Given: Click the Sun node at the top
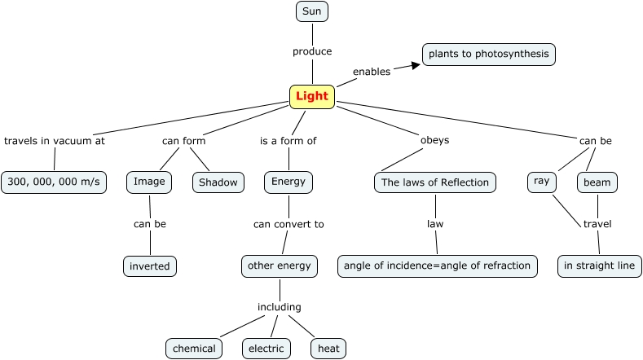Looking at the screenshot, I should pyautogui.click(x=311, y=11).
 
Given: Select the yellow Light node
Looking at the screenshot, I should pyautogui.click(x=312, y=97).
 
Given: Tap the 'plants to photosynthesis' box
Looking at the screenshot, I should pyautogui.click(x=489, y=55).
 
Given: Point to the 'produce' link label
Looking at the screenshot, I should pyautogui.click(x=312, y=51).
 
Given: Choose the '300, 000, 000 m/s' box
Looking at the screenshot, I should pyautogui.click(x=54, y=182).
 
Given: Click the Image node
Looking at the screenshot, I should pyautogui.click(x=149, y=182).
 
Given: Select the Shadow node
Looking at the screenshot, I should pyautogui.click(x=218, y=182).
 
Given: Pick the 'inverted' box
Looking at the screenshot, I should pyautogui.click(x=150, y=266).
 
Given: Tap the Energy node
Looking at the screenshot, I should pyautogui.click(x=288, y=182).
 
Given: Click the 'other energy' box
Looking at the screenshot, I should pyautogui.click(x=280, y=266).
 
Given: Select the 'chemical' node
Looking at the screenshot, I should pyautogui.click(x=194, y=349).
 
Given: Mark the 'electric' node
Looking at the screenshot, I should pyautogui.click(x=266, y=349).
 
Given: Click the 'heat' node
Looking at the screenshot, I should pyautogui.click(x=328, y=349).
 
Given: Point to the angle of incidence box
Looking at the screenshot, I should pyautogui.click(x=437, y=266).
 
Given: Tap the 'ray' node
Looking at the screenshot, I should pyautogui.click(x=541, y=182).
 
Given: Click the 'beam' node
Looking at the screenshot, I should pyautogui.click(x=597, y=182).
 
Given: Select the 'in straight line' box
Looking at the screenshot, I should pyautogui.click(x=600, y=266).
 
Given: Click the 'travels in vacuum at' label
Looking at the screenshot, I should pyautogui.click(x=55, y=140).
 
